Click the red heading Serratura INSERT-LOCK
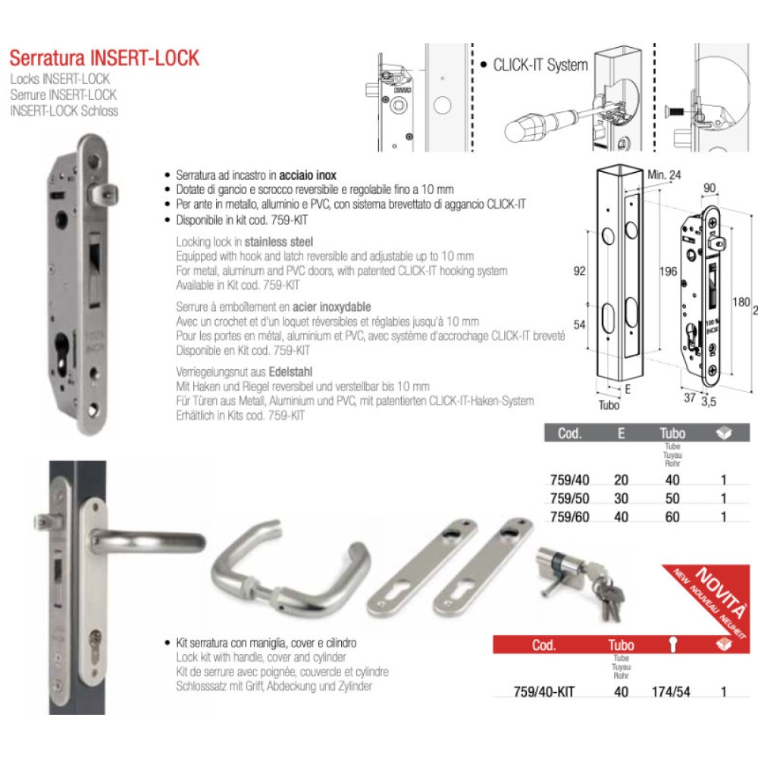coord(104,58)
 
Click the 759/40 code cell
coord(568,479)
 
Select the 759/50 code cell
coord(568,499)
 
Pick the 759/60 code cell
coord(568,518)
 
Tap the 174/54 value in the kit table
coord(672,692)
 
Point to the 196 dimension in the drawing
coord(669,271)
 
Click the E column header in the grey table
coord(621,434)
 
